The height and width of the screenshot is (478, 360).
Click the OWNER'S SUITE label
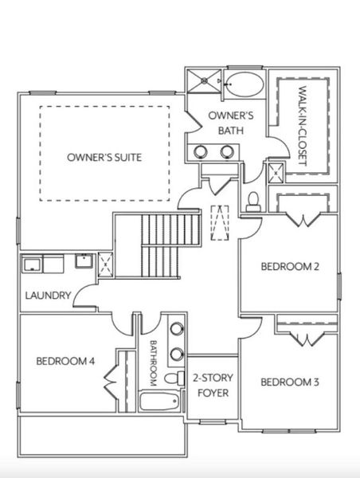click(x=104, y=157)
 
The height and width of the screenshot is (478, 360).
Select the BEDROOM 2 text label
click(x=290, y=267)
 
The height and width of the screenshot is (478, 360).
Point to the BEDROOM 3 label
click(x=290, y=382)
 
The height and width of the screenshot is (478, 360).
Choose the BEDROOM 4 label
click(x=65, y=361)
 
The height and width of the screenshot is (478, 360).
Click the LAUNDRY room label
click(x=48, y=296)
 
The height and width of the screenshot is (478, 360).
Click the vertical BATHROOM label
click(x=155, y=362)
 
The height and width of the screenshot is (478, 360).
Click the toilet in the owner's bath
click(x=254, y=201)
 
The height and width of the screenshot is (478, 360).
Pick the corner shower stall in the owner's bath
click(x=205, y=80)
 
